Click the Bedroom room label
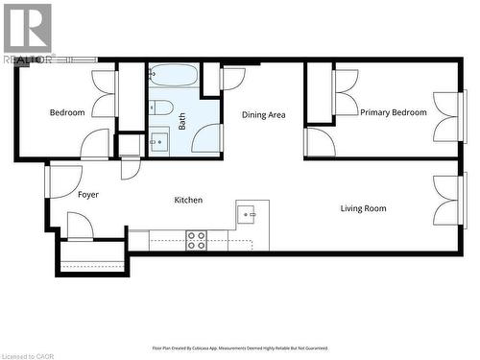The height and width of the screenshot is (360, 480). click(x=67, y=112)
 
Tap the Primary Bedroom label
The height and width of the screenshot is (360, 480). click(x=394, y=112)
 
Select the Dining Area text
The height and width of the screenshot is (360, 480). click(x=263, y=115)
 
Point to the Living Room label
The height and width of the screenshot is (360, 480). click(x=363, y=208)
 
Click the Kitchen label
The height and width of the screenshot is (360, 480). click(x=187, y=200)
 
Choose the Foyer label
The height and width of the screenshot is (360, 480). click(x=88, y=195)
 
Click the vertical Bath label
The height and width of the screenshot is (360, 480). click(x=182, y=122)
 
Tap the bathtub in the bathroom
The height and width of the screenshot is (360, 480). click(x=174, y=75)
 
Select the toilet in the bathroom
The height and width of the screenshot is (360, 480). click(x=161, y=107)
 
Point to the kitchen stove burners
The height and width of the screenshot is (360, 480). click(x=196, y=240)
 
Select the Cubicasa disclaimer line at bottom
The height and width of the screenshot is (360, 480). click(x=240, y=348)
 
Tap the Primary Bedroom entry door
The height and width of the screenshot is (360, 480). click(x=321, y=143)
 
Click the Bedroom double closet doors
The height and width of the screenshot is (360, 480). click(x=105, y=94)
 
